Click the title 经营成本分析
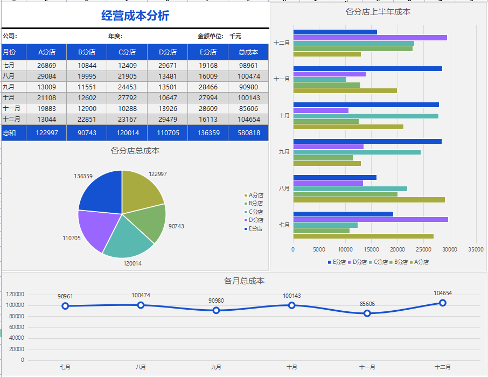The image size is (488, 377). click(x=135, y=16)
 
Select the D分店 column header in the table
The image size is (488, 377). click(x=168, y=52)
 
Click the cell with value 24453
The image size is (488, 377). click(x=127, y=87)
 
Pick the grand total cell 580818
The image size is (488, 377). click(x=248, y=133)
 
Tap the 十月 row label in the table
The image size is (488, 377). click(x=9, y=97)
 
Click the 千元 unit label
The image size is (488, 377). click(x=235, y=36)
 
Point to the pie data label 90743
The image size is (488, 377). click(x=176, y=226)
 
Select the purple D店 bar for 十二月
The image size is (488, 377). click(x=370, y=38)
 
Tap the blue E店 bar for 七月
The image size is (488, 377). click(x=343, y=214)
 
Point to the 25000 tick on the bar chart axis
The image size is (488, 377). click(x=423, y=249)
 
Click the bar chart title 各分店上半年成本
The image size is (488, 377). click(x=378, y=11)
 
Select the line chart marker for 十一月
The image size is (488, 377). click(x=367, y=313)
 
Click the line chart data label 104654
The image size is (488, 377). click(x=442, y=293)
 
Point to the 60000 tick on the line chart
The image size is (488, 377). click(x=15, y=327)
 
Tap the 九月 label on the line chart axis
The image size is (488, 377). click(x=216, y=367)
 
